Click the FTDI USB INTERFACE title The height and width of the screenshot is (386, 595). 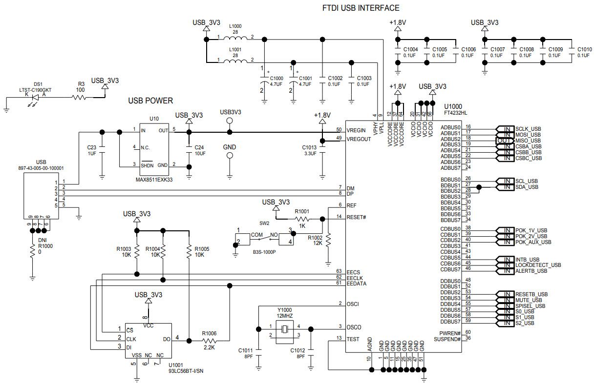[361, 8]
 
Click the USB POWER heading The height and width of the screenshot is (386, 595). [150, 101]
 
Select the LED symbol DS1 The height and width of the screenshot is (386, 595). [34, 97]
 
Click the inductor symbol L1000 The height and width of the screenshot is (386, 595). [235, 38]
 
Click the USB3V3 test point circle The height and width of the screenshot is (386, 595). [230, 131]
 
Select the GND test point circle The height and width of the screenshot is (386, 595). [230, 156]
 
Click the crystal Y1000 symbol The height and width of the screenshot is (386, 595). [284, 330]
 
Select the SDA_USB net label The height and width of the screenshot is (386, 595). [527, 187]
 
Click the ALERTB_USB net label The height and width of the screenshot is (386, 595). [531, 271]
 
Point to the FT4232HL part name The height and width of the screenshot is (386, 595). [455, 112]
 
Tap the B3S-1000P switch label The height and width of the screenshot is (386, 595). [264, 252]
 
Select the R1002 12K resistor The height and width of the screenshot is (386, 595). [328, 240]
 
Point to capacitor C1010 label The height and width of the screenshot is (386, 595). [584, 49]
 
